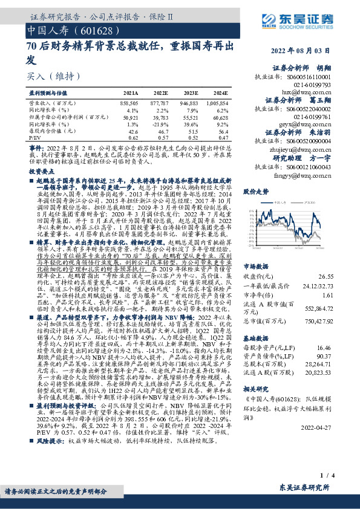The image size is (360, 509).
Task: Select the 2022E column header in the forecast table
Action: coord(160,94)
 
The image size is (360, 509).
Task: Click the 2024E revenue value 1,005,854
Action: coord(216,104)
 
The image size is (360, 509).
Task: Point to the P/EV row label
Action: coord(36,137)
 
